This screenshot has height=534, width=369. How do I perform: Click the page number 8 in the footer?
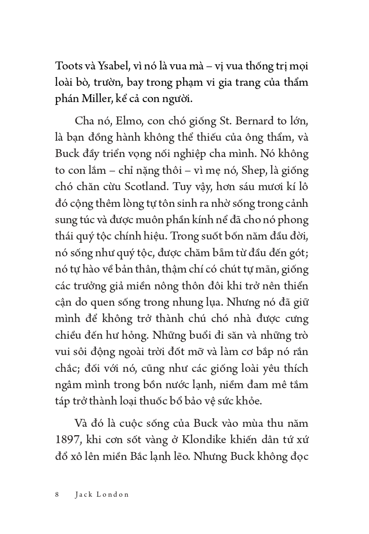pos(57,494)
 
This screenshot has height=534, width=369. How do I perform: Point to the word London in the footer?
pos(113,494)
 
